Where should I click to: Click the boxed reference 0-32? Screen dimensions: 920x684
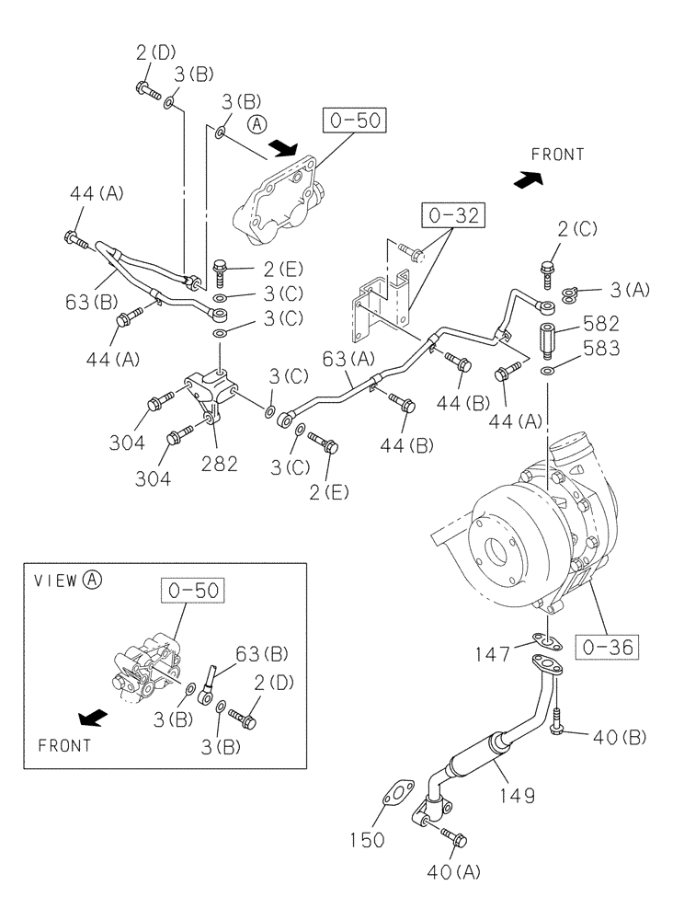tap(453, 217)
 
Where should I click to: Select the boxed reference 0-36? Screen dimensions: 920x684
tap(606, 646)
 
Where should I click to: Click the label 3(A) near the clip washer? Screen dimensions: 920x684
tap(630, 291)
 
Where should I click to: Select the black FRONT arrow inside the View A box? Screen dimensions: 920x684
tap(91, 716)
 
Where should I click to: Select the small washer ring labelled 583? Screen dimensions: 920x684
tap(548, 371)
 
